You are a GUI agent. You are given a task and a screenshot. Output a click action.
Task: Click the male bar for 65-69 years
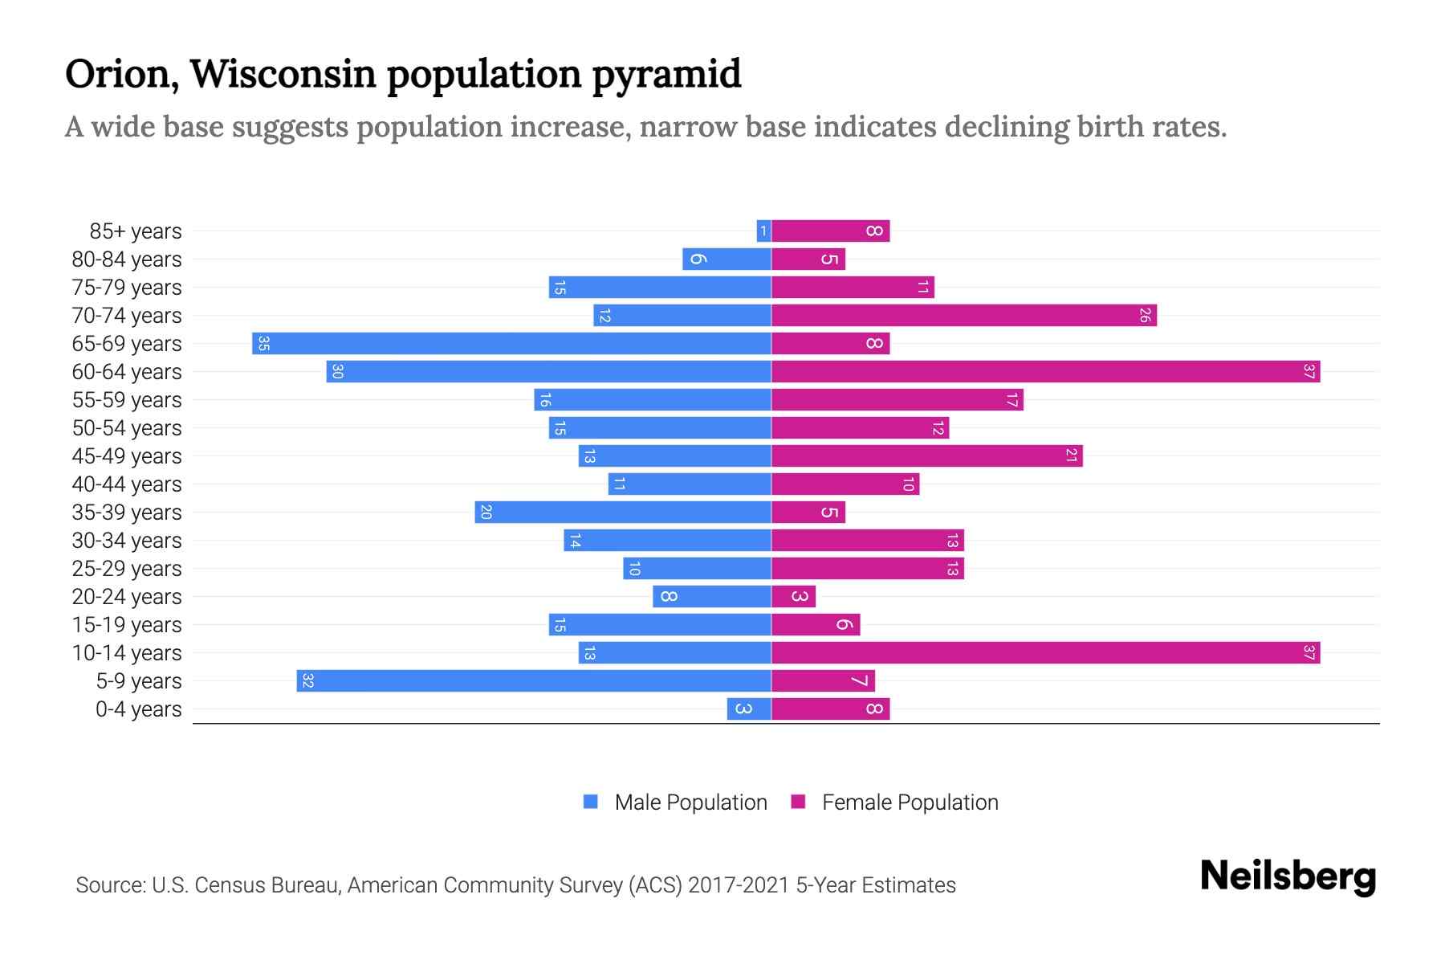[511, 344]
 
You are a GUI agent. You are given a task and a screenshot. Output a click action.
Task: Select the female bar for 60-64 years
[1045, 372]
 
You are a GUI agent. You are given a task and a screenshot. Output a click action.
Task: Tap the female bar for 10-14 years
[1045, 653]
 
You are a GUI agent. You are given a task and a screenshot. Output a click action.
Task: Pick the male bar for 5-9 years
[534, 681]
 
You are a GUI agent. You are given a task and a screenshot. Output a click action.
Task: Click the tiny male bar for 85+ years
[763, 231]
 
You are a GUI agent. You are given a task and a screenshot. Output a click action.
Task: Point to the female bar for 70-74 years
[963, 316]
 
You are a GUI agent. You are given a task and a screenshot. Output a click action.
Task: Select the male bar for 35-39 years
[623, 513]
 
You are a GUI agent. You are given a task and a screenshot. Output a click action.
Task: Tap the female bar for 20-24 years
[793, 597]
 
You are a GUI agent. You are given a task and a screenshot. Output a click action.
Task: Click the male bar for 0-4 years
[749, 709]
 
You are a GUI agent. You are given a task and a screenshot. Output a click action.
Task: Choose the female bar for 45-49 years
[926, 456]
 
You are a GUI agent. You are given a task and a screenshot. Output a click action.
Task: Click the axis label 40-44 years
[127, 484]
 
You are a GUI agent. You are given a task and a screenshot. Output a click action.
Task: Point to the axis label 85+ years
[136, 231]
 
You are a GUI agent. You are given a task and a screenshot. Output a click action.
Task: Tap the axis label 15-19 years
[127, 625]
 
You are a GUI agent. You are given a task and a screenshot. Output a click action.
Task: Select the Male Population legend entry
[690, 803]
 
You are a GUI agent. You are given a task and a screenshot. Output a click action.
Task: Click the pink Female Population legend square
[798, 802]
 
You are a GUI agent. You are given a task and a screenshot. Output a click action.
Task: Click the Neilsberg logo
[1288, 876]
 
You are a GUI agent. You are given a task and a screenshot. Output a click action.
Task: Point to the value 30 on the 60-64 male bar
[338, 372]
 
